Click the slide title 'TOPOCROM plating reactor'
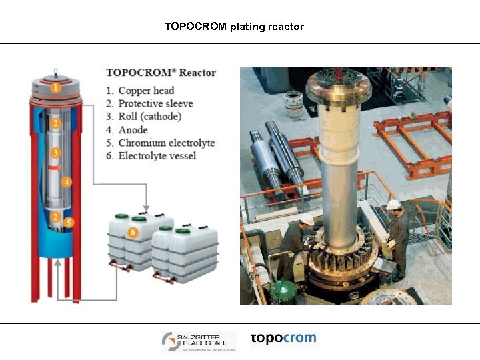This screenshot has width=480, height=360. click(234, 27)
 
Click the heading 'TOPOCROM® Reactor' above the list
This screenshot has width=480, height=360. click(161, 73)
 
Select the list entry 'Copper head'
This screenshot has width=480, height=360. click(146, 91)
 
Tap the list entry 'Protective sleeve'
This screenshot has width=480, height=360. click(155, 103)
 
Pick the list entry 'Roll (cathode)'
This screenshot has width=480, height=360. click(149, 117)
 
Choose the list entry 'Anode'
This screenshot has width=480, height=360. click(133, 130)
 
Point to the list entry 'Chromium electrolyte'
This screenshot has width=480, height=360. click(166, 143)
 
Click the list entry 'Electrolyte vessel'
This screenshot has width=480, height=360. click(157, 156)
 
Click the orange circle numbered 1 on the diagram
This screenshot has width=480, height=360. click(56, 87)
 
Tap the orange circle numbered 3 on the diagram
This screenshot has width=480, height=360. click(56, 153)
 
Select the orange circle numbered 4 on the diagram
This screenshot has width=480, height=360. click(67, 181)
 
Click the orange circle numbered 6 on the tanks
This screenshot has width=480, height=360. click(133, 232)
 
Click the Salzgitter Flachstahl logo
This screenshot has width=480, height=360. click(198, 342)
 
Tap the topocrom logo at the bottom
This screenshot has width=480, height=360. click(283, 339)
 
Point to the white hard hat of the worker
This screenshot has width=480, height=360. click(393, 204)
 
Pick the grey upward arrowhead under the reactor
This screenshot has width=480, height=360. click(59, 265)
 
